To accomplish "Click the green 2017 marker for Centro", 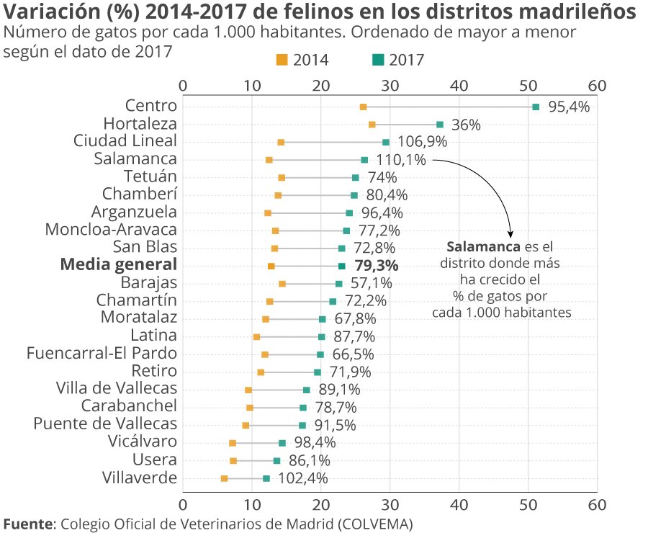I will click(536, 107).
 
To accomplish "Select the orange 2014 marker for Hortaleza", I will click(372, 125).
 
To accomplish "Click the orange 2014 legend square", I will click(282, 60).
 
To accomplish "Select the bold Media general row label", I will click(118, 265).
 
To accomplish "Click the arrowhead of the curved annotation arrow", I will click(511, 234).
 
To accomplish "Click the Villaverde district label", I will click(139, 477).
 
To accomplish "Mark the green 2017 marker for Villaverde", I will click(266, 478).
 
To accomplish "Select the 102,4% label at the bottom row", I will click(303, 478).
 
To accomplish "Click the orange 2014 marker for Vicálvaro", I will click(233, 443).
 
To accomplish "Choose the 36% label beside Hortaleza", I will click(466, 125).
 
